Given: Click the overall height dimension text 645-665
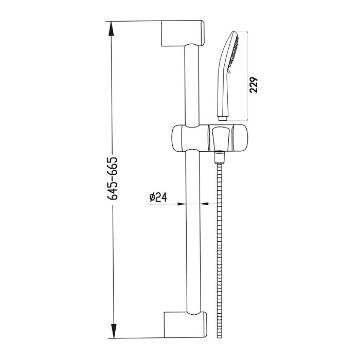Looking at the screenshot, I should click(114, 178).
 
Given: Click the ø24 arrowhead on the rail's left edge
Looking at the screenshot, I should click(181, 204).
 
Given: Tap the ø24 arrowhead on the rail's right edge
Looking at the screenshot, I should click(202, 204).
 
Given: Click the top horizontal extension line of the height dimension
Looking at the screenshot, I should click(134, 21).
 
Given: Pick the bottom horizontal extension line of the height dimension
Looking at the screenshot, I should click(134, 338).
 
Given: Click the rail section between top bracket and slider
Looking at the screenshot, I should click(191, 85).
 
